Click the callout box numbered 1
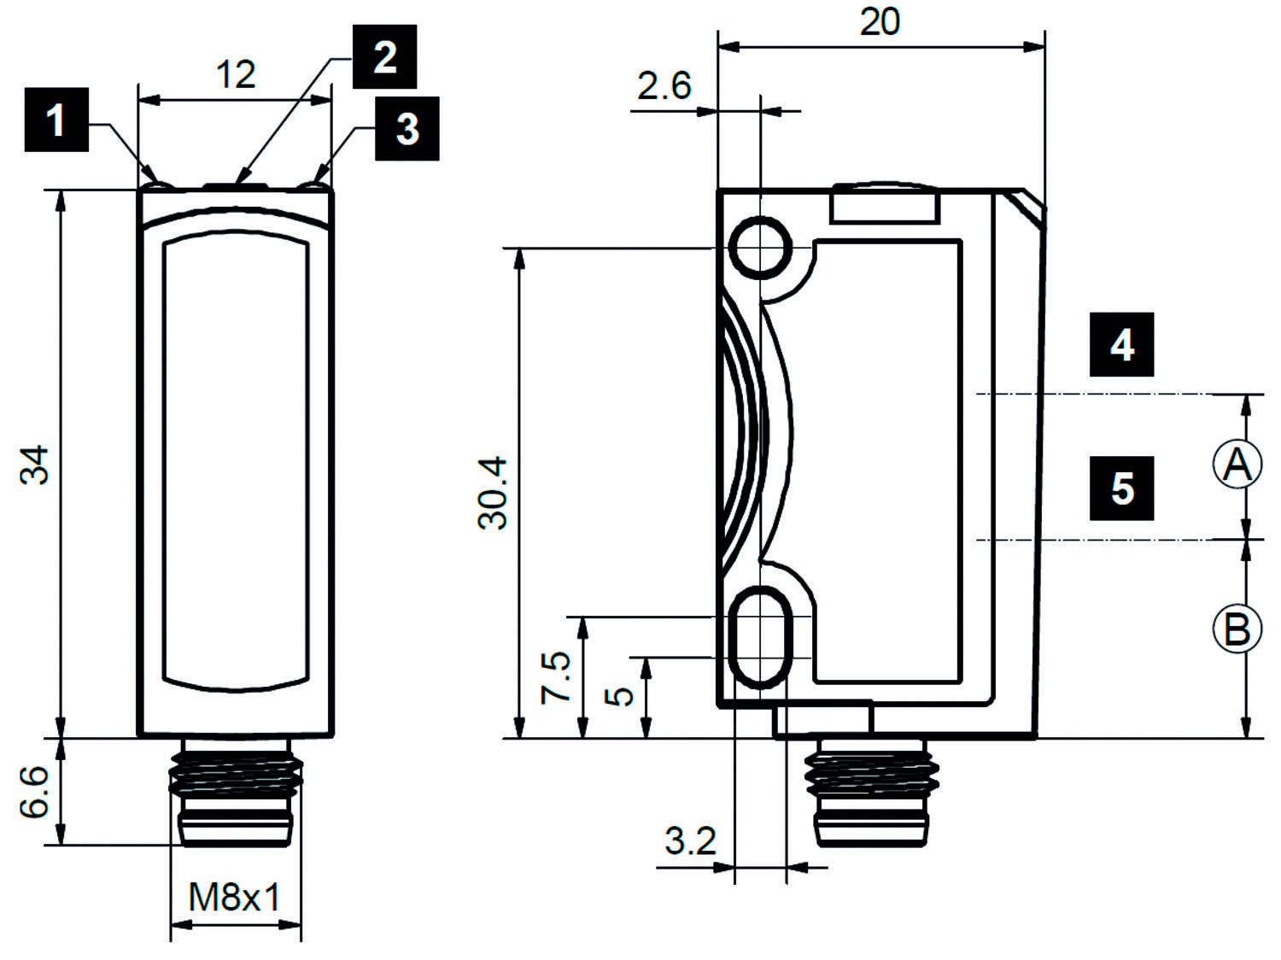[56, 120]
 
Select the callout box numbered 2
[384, 56]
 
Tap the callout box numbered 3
[407, 128]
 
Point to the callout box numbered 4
[1121, 344]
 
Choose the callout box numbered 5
[1121, 488]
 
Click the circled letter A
[1237, 465]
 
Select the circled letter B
[1237, 629]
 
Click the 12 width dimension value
[235, 75]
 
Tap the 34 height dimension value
[36, 465]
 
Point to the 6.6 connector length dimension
[36, 792]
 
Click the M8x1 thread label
[235, 898]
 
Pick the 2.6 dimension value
[664, 86]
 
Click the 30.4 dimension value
[494, 493]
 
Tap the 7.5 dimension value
[556, 677]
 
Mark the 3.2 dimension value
[690, 841]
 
